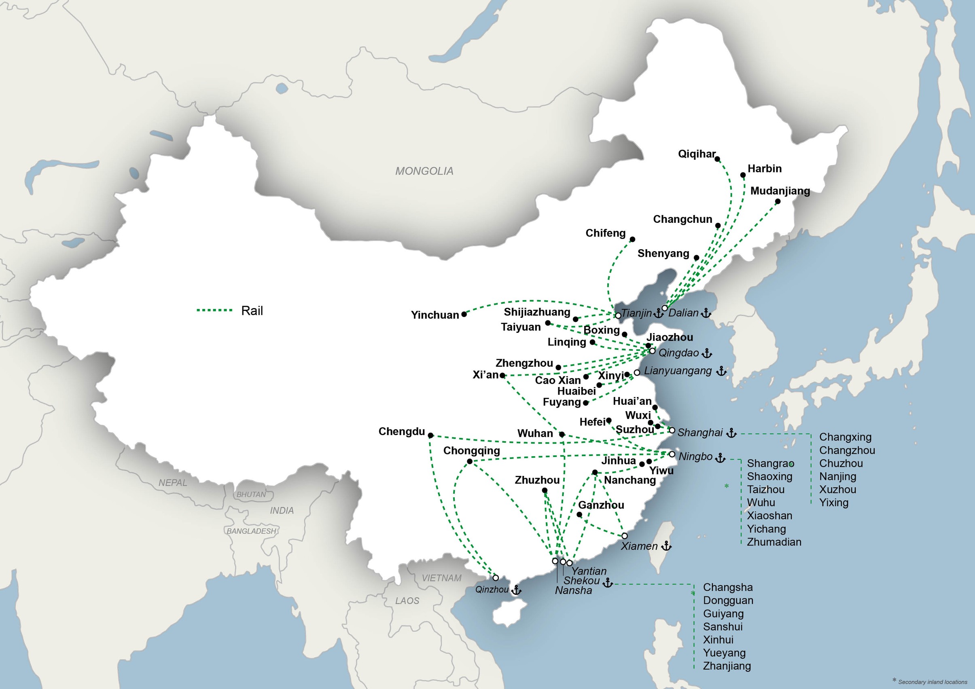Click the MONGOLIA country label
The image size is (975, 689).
click(424, 171)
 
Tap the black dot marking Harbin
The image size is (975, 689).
click(743, 175)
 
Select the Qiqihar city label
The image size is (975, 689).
click(696, 154)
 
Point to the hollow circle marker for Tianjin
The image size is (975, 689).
click(618, 316)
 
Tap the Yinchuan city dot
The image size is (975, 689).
click(464, 314)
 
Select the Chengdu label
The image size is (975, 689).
click(401, 432)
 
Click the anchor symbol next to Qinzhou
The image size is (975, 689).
click(516, 590)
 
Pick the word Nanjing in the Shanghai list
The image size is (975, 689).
click(837, 476)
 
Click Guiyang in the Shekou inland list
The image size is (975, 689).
click(723, 613)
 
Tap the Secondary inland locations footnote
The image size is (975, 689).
click(932, 682)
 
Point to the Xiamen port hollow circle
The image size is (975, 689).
click(624, 536)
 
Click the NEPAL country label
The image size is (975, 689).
click(172, 483)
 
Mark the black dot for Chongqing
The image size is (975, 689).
click(470, 461)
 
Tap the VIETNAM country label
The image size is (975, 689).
click(441, 578)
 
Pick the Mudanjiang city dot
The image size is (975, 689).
click(778, 202)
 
